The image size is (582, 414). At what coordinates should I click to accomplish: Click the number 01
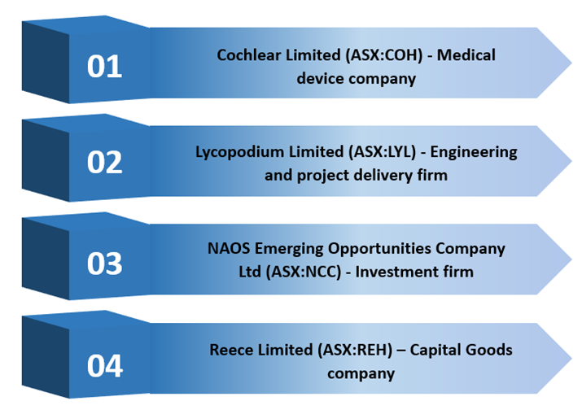click(x=105, y=67)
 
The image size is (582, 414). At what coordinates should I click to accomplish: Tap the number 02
click(x=105, y=163)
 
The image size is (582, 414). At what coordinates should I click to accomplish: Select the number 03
click(x=105, y=264)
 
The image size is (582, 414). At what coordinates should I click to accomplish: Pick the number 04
click(x=105, y=366)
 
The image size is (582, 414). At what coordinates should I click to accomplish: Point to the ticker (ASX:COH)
click(x=383, y=55)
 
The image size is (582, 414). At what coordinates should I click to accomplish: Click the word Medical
click(x=466, y=55)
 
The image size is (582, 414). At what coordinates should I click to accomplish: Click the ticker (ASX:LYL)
click(x=383, y=152)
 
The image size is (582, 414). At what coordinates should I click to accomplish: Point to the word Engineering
click(x=474, y=152)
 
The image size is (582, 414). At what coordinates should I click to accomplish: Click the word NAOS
click(x=229, y=248)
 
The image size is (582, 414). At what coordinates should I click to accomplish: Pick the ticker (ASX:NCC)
click(x=304, y=272)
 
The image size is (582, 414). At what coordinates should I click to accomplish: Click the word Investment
click(x=396, y=272)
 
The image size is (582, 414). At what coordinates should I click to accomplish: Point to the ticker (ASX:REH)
click(x=355, y=351)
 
